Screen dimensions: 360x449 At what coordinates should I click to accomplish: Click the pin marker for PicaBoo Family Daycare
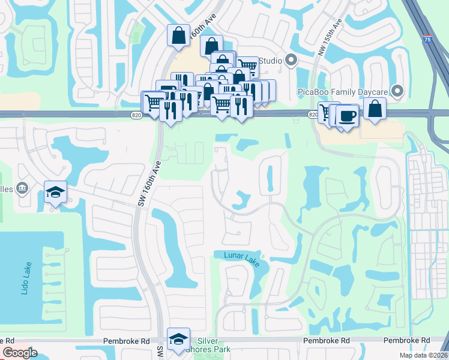point(397,91)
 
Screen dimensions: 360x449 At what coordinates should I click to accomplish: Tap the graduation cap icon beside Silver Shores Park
point(178,339)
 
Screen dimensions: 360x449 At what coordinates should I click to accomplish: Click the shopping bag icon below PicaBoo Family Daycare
point(375,109)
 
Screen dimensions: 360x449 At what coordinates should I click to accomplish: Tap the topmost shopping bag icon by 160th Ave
point(179,35)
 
